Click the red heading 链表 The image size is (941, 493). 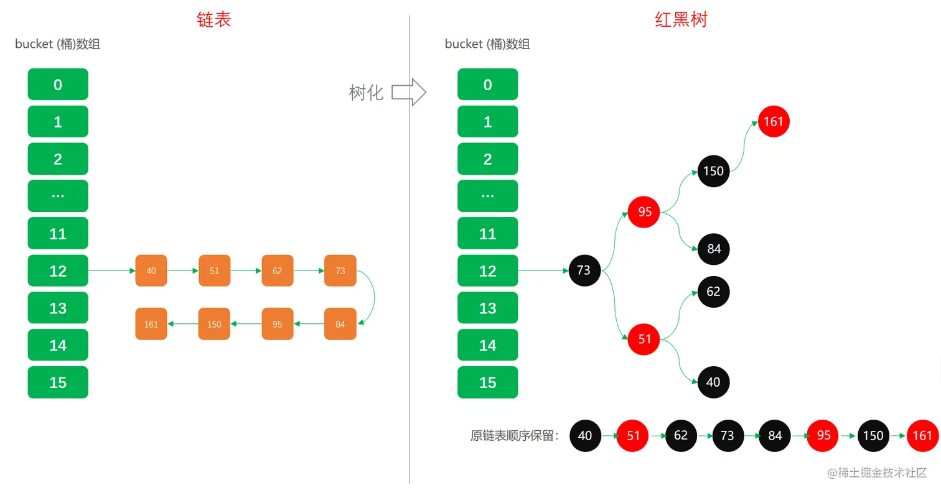click(x=213, y=20)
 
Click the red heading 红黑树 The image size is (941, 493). click(x=681, y=20)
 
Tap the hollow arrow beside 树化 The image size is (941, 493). click(x=408, y=93)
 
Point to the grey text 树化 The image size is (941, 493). click(x=366, y=93)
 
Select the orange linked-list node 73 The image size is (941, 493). click(x=340, y=271)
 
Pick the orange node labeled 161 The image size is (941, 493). click(x=151, y=324)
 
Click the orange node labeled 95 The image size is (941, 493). click(x=278, y=324)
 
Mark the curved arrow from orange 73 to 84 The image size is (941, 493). click(x=372, y=297)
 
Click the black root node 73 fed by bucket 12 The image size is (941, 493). click(x=584, y=271)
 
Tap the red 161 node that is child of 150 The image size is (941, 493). click(x=774, y=121)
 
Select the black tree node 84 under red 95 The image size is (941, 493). click(x=713, y=249)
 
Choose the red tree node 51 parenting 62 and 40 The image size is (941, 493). click(x=644, y=339)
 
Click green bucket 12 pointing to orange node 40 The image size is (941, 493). click(x=58, y=271)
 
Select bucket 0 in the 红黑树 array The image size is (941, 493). click(x=487, y=85)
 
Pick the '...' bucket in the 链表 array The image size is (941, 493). click(x=58, y=196)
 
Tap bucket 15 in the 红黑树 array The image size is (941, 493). click(x=487, y=382)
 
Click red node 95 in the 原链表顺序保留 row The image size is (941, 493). click(x=823, y=435)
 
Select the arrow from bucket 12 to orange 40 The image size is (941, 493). click(x=112, y=271)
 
